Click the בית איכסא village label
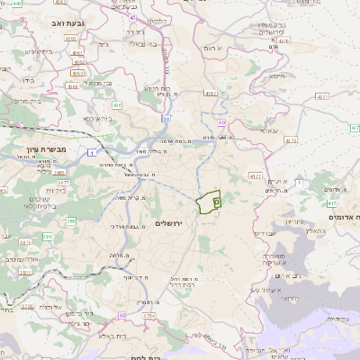tap(98, 118)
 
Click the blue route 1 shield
tap(94, 155)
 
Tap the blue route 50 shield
tap(166, 118)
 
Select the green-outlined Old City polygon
tap(210, 202)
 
